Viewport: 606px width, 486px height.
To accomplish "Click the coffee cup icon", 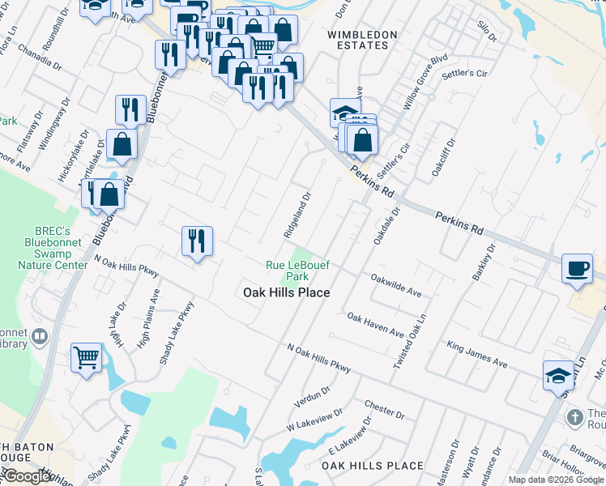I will tap(577, 268).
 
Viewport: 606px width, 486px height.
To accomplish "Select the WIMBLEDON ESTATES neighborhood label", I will tap(362, 40).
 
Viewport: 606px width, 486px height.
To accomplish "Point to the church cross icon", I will tap(574, 418).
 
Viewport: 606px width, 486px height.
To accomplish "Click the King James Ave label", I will tap(477, 355).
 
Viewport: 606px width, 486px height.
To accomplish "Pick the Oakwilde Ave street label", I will tap(396, 284).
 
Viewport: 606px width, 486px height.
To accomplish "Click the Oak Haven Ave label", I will tap(374, 326).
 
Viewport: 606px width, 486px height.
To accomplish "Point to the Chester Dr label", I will tap(384, 409).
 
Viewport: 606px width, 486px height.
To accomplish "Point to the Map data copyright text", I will tap(556, 480).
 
